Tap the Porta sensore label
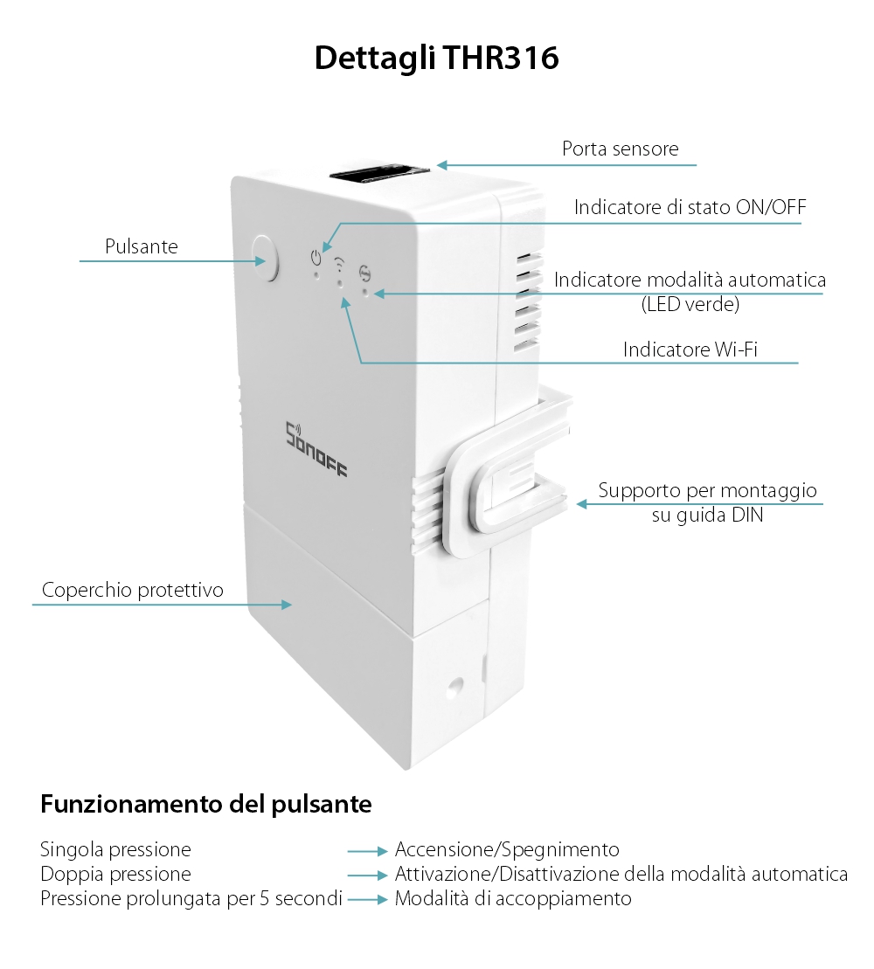pos(620,149)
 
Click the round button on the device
pos(264,257)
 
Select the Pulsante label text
pos(141,246)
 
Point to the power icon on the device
pos(316,258)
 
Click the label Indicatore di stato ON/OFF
pos(690,208)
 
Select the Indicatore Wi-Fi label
pos(690,350)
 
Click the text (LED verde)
pos(690,305)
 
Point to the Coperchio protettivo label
pos(132,590)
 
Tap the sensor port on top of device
pos(379,171)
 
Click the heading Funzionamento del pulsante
pos(206,804)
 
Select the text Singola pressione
pos(115,849)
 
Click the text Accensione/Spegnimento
pos(507,849)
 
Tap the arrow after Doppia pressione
pos(366,875)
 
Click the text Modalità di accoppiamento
pos(513,898)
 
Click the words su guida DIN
pos(707,515)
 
